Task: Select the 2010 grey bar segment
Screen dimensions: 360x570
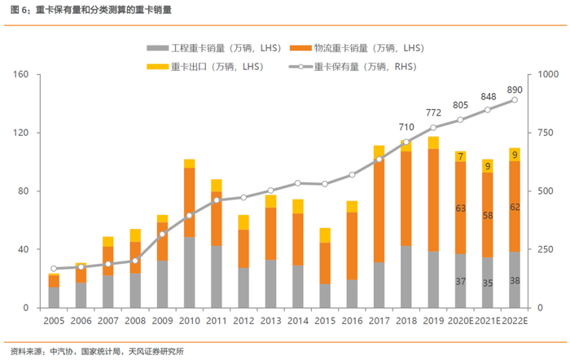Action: pos(189,272)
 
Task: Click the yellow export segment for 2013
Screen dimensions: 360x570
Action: pos(271,201)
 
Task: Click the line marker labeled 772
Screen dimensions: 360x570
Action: pos(433,128)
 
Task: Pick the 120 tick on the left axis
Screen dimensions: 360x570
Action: pos(20,133)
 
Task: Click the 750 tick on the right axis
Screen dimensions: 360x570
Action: pos(546,133)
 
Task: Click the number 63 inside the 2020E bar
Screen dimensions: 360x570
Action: pos(460,209)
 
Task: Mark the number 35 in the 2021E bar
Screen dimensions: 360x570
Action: pos(488,283)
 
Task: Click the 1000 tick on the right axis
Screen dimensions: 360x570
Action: pos(548,75)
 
